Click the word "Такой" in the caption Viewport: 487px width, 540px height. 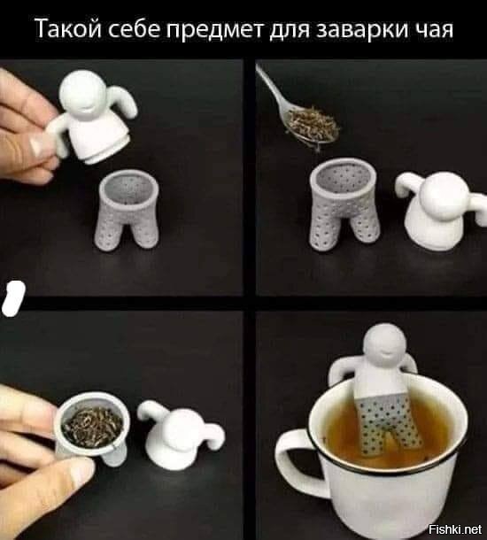coord(68,28)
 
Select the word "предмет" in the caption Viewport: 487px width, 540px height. coord(215,30)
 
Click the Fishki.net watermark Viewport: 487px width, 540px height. coord(454,528)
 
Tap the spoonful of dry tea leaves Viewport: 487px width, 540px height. coord(312,125)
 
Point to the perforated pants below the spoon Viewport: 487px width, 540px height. coord(344,204)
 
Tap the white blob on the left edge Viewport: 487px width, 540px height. coord(13,298)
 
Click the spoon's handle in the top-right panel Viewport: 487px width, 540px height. coord(270,86)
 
